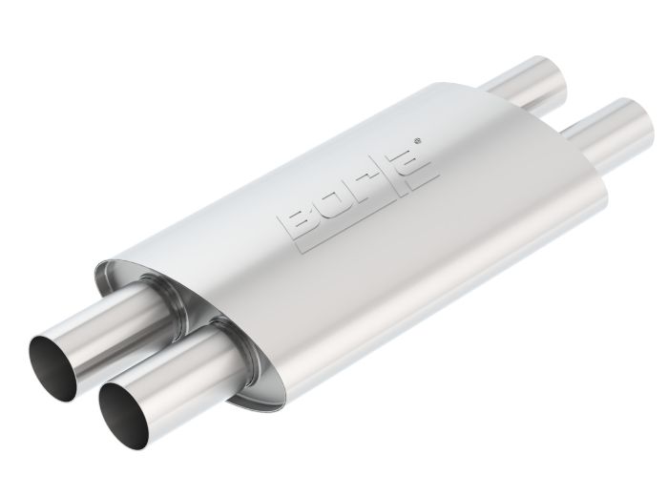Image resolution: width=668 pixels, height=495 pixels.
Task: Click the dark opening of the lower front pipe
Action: click(125, 408)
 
